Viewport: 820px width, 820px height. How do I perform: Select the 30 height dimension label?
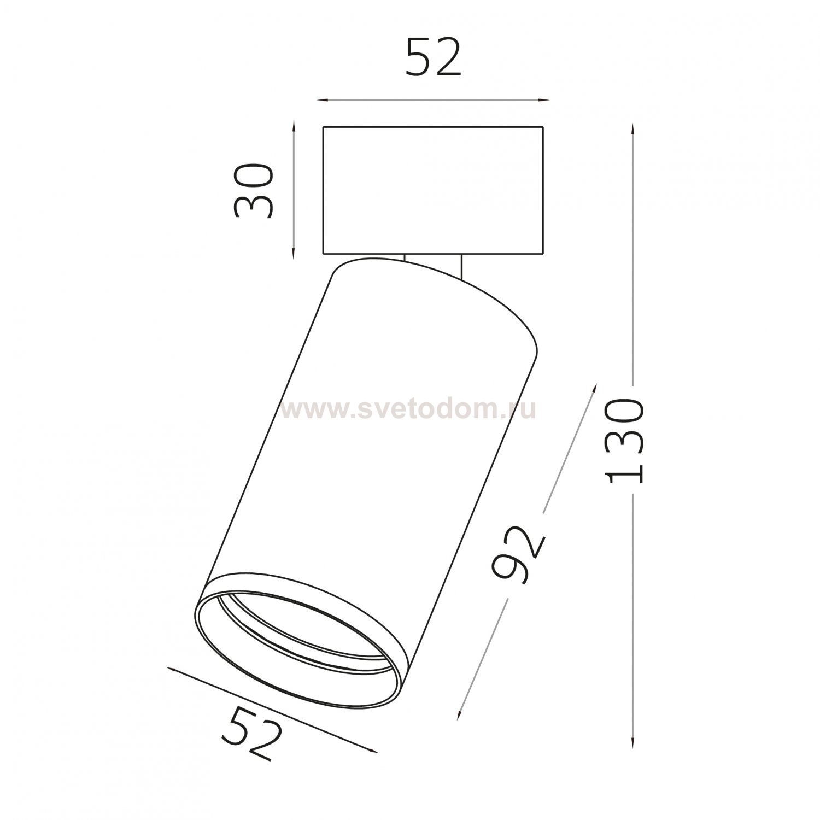tap(253, 191)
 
